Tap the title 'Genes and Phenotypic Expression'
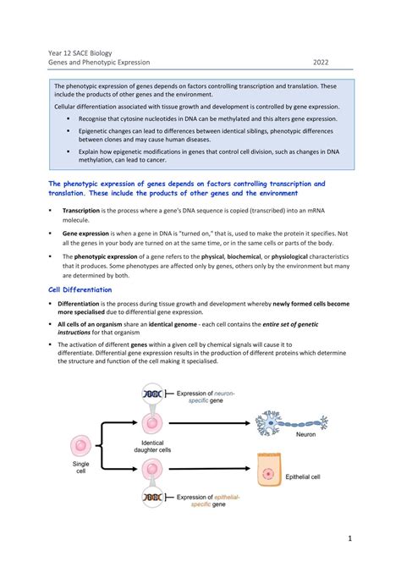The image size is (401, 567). click(x=98, y=62)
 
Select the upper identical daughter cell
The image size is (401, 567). click(x=153, y=421)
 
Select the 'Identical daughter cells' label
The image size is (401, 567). click(x=153, y=447)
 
